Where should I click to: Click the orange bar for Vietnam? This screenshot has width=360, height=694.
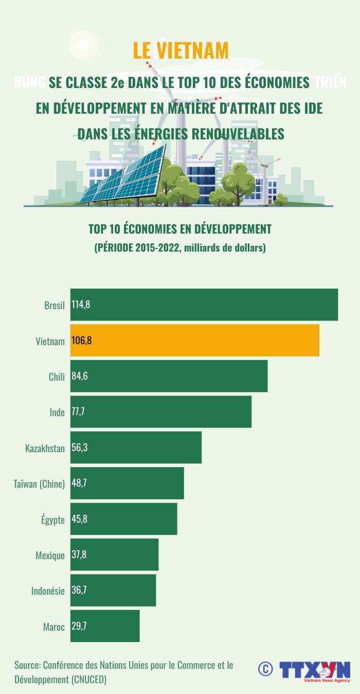coord(195,340)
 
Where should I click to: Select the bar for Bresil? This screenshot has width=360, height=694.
coord(204,305)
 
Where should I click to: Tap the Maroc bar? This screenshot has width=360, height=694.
coord(105,626)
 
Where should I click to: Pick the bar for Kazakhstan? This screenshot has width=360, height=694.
coord(136,448)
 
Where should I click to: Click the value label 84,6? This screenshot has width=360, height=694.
coord(80,376)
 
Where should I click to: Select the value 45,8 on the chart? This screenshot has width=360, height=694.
coord(80,519)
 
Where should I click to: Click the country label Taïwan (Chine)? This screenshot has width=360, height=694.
coord(39,484)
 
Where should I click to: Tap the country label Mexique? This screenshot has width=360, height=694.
coord(50,555)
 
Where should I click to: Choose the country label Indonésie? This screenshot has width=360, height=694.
coord(48,591)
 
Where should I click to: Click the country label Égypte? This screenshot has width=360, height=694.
coord(53,520)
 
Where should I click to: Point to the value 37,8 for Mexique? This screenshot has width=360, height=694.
coord(80,555)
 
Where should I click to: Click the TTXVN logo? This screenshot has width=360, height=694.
coord(315,670)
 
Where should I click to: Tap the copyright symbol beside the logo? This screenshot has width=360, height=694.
coord(265,669)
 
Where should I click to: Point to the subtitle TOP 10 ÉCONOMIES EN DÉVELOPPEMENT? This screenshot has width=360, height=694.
coord(179,228)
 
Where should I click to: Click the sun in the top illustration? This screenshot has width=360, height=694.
coord(82,45)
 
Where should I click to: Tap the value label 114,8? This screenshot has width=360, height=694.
coord(81,305)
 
